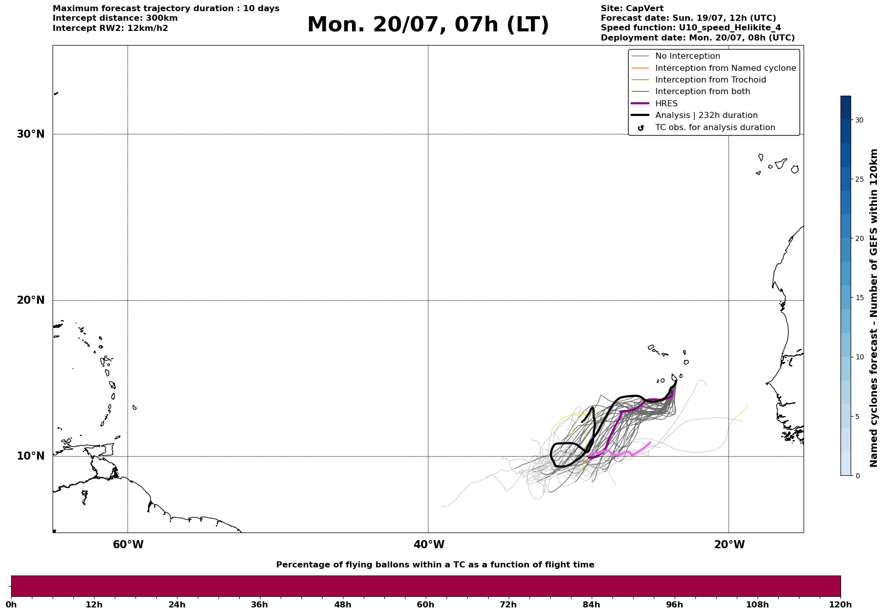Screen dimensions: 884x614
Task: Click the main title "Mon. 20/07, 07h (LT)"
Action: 428,25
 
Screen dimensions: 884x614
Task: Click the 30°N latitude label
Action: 31,134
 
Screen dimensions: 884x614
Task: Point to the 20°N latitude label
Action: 31,300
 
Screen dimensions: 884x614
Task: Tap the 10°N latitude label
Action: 31,456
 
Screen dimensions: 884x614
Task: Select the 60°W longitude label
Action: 128,545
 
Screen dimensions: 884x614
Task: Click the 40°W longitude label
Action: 429,545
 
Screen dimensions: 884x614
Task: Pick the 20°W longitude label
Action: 729,545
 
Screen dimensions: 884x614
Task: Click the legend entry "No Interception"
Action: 688,56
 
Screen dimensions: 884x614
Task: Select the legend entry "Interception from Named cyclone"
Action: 726,68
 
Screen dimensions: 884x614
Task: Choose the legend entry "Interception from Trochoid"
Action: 711,80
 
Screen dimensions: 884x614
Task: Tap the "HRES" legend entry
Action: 667,104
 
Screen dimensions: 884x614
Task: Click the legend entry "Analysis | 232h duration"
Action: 706,115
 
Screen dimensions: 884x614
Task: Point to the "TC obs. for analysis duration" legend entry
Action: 715,128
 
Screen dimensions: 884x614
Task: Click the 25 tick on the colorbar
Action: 859,179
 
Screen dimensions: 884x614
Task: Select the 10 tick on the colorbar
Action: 859,357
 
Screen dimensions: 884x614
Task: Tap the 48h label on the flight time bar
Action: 342,605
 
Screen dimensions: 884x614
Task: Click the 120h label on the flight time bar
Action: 840,605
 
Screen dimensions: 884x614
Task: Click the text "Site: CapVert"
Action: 632,9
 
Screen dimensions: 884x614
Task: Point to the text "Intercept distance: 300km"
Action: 115,18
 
